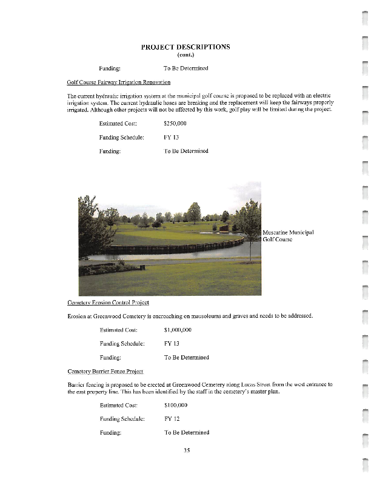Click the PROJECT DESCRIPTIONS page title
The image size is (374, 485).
coord(185,47)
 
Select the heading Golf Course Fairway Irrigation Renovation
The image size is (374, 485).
coord(119,82)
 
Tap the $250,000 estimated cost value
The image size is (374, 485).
coord(175,123)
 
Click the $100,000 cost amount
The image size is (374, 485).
coord(176,404)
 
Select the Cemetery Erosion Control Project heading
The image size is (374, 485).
coord(108,302)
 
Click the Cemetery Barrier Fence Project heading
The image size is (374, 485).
coord(105,370)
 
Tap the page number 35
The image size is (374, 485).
coord(187,450)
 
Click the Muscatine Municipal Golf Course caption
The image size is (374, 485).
coord(289,236)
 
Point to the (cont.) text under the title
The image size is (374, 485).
coord(185,56)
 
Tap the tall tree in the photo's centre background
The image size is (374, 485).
coord(194,212)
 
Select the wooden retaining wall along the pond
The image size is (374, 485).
coord(176,247)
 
